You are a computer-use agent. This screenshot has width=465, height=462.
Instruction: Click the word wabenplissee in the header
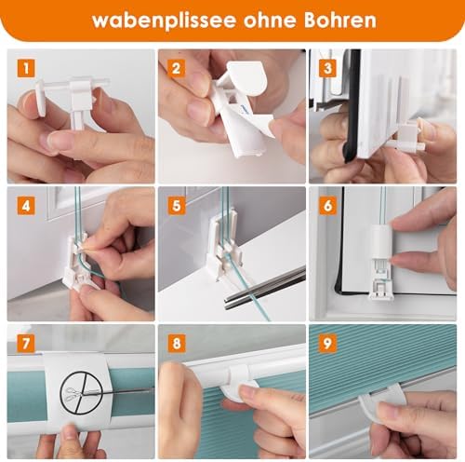[165, 20]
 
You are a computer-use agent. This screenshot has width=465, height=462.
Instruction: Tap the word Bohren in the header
[340, 20]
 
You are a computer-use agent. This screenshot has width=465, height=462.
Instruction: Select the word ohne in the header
[270, 20]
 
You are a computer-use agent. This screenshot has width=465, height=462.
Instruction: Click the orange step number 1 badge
[26, 68]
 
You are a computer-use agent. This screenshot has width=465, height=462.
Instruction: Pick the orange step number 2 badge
[177, 68]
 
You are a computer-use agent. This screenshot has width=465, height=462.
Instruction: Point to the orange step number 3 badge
[327, 68]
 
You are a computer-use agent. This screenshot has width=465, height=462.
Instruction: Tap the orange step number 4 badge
[26, 206]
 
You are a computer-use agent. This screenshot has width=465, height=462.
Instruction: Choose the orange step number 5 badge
[177, 206]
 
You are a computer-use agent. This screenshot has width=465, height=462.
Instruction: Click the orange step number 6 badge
[327, 206]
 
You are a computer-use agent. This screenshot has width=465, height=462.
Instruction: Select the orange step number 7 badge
[26, 344]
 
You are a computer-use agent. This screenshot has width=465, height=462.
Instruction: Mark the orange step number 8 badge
[177, 344]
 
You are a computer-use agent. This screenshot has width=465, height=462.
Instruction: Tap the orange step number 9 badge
[327, 344]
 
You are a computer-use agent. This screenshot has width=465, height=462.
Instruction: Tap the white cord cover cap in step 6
[382, 241]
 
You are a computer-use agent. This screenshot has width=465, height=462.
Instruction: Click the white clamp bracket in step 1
[73, 100]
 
